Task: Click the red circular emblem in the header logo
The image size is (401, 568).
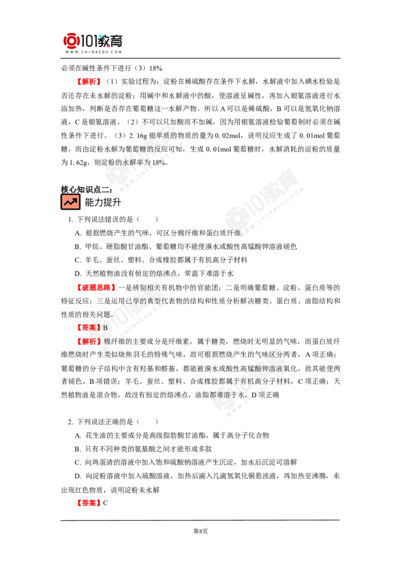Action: [71, 41]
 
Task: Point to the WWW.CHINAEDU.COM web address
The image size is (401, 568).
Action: [94, 52]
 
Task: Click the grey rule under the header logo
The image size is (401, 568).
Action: [94, 59]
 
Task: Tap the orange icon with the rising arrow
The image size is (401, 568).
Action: [70, 202]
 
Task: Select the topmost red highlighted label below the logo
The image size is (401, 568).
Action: [89, 81]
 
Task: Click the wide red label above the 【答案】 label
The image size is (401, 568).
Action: [96, 288]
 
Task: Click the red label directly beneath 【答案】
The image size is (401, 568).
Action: [89, 341]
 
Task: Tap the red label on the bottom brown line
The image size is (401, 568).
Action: [88, 502]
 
